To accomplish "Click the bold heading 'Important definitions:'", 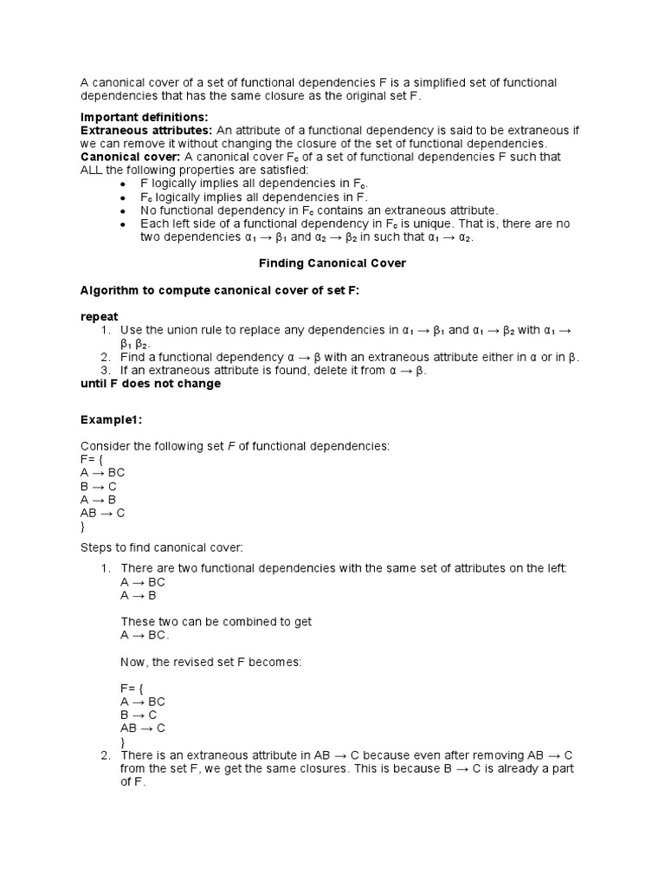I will (x=145, y=117).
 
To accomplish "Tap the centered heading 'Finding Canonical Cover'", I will (x=332, y=262).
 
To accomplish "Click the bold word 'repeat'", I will (x=99, y=317).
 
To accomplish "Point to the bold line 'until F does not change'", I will (x=151, y=384).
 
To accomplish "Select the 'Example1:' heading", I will (x=111, y=419).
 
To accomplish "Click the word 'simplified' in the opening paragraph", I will (x=437, y=82).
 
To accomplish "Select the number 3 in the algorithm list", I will (x=105, y=371).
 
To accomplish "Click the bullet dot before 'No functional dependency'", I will (x=124, y=210).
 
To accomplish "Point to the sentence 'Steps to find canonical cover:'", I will (x=163, y=547).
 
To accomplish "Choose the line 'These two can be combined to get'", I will (x=216, y=622).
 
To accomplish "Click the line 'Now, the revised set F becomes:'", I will (x=210, y=662).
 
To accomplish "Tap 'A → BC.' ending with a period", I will (x=145, y=635).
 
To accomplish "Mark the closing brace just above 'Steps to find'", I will (x=83, y=527).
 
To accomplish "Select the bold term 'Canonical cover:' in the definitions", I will (x=130, y=157).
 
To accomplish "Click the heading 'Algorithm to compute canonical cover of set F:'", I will (x=219, y=290).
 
